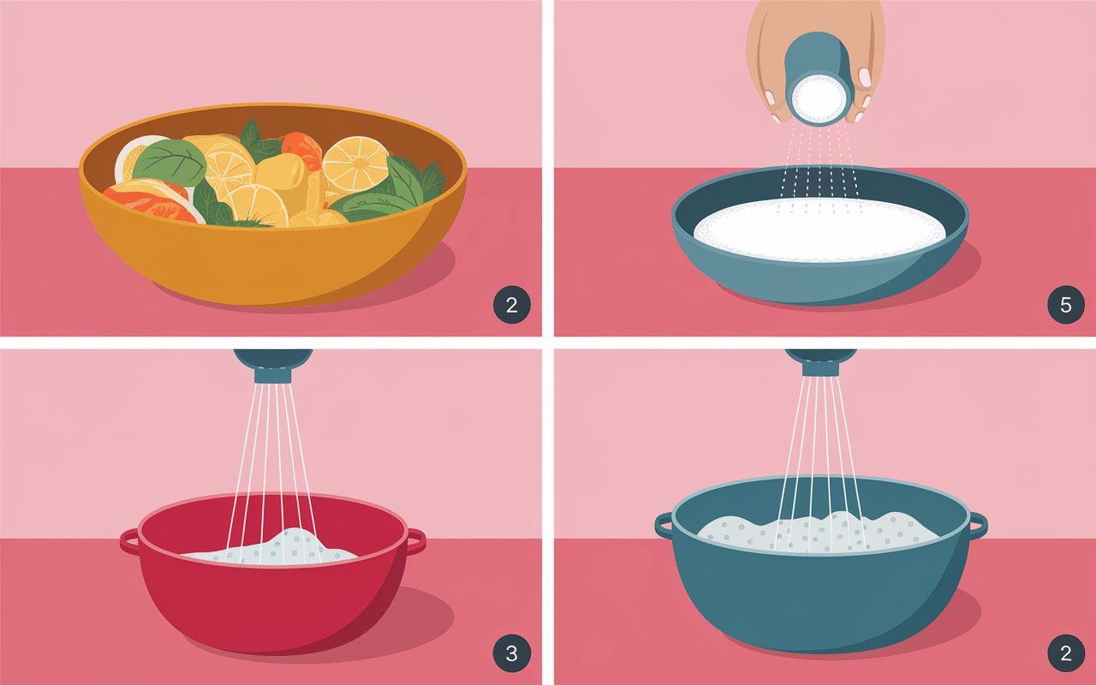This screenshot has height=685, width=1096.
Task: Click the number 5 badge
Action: pos(1066,306)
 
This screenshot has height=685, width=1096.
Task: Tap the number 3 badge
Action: pos(511,654)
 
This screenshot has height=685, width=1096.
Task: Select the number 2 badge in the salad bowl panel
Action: pos(511,306)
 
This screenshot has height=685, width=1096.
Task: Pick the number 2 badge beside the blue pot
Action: pos(1066,654)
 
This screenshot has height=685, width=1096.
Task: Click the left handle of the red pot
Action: pos(129,540)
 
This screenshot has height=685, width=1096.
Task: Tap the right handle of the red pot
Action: pos(415,540)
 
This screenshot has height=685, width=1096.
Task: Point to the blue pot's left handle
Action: pos(664,524)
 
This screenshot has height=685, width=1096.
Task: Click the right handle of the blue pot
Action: pos(977,523)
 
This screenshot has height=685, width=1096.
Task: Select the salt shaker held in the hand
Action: pos(818,77)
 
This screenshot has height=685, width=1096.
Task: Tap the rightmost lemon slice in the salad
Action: pos(354,164)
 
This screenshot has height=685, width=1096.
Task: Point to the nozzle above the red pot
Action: pos(272,364)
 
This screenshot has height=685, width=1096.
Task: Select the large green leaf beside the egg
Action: pos(169,163)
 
